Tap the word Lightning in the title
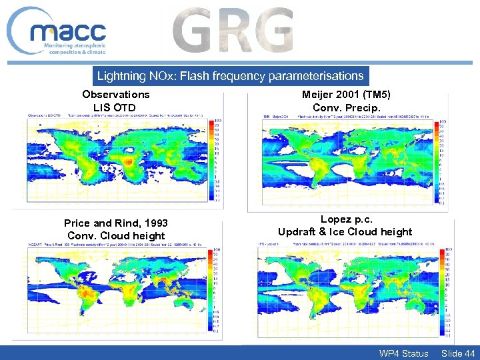[121, 76]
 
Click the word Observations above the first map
[116, 95]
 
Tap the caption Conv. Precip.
[347, 107]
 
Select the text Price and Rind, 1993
[116, 223]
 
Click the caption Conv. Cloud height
[116, 235]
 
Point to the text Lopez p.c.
[345, 219]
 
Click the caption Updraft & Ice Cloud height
[345, 232]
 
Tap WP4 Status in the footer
[403, 353]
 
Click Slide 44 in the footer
[458, 353]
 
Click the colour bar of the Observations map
[215, 161]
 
